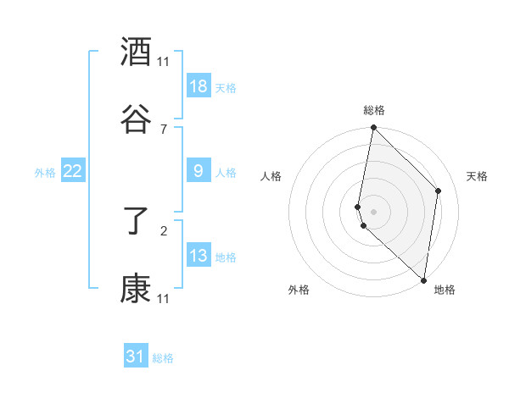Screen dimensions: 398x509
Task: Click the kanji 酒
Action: tap(136, 53)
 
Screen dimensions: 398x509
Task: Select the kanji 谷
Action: tap(136, 119)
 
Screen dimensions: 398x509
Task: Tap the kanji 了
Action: tap(136, 223)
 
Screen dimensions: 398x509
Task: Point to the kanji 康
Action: tap(136, 289)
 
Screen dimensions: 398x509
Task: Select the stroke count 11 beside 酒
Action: tap(163, 62)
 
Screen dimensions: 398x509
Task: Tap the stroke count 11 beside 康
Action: tap(163, 298)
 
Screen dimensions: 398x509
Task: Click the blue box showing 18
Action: tap(198, 86)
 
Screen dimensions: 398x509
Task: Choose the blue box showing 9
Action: tap(198, 171)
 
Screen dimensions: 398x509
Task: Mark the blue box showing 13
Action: tap(198, 256)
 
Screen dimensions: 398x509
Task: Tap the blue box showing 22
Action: tap(72, 171)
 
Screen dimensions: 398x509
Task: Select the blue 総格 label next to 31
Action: tap(163, 358)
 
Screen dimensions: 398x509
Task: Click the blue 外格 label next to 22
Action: tap(45, 173)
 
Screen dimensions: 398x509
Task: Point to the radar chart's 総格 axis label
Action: tap(373, 110)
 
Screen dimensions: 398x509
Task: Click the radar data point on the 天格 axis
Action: tap(439, 191)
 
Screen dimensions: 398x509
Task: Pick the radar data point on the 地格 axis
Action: tap(423, 280)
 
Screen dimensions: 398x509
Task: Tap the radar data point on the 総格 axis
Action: tap(373, 128)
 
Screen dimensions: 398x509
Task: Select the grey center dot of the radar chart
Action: tap(373, 211)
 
